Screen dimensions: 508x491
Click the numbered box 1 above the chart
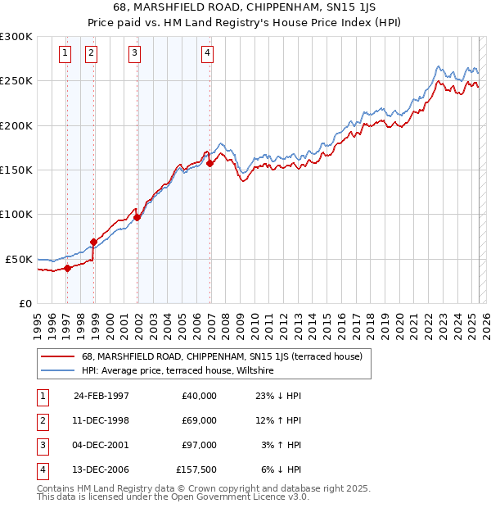(65, 54)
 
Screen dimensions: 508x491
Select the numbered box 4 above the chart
(208, 54)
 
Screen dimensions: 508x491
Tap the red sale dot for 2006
(210, 163)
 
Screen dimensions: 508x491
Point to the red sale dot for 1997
(68, 268)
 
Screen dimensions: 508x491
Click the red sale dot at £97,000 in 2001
(137, 217)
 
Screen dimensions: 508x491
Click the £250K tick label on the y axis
(16, 81)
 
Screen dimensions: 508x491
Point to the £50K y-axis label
(20, 259)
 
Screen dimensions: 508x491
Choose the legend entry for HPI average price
(177, 371)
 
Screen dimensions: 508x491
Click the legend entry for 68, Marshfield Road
(215, 356)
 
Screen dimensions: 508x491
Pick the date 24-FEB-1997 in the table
(101, 395)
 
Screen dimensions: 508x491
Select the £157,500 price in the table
(196, 469)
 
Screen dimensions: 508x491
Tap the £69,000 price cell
(199, 420)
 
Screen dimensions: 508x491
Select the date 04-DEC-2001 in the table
(101, 445)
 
